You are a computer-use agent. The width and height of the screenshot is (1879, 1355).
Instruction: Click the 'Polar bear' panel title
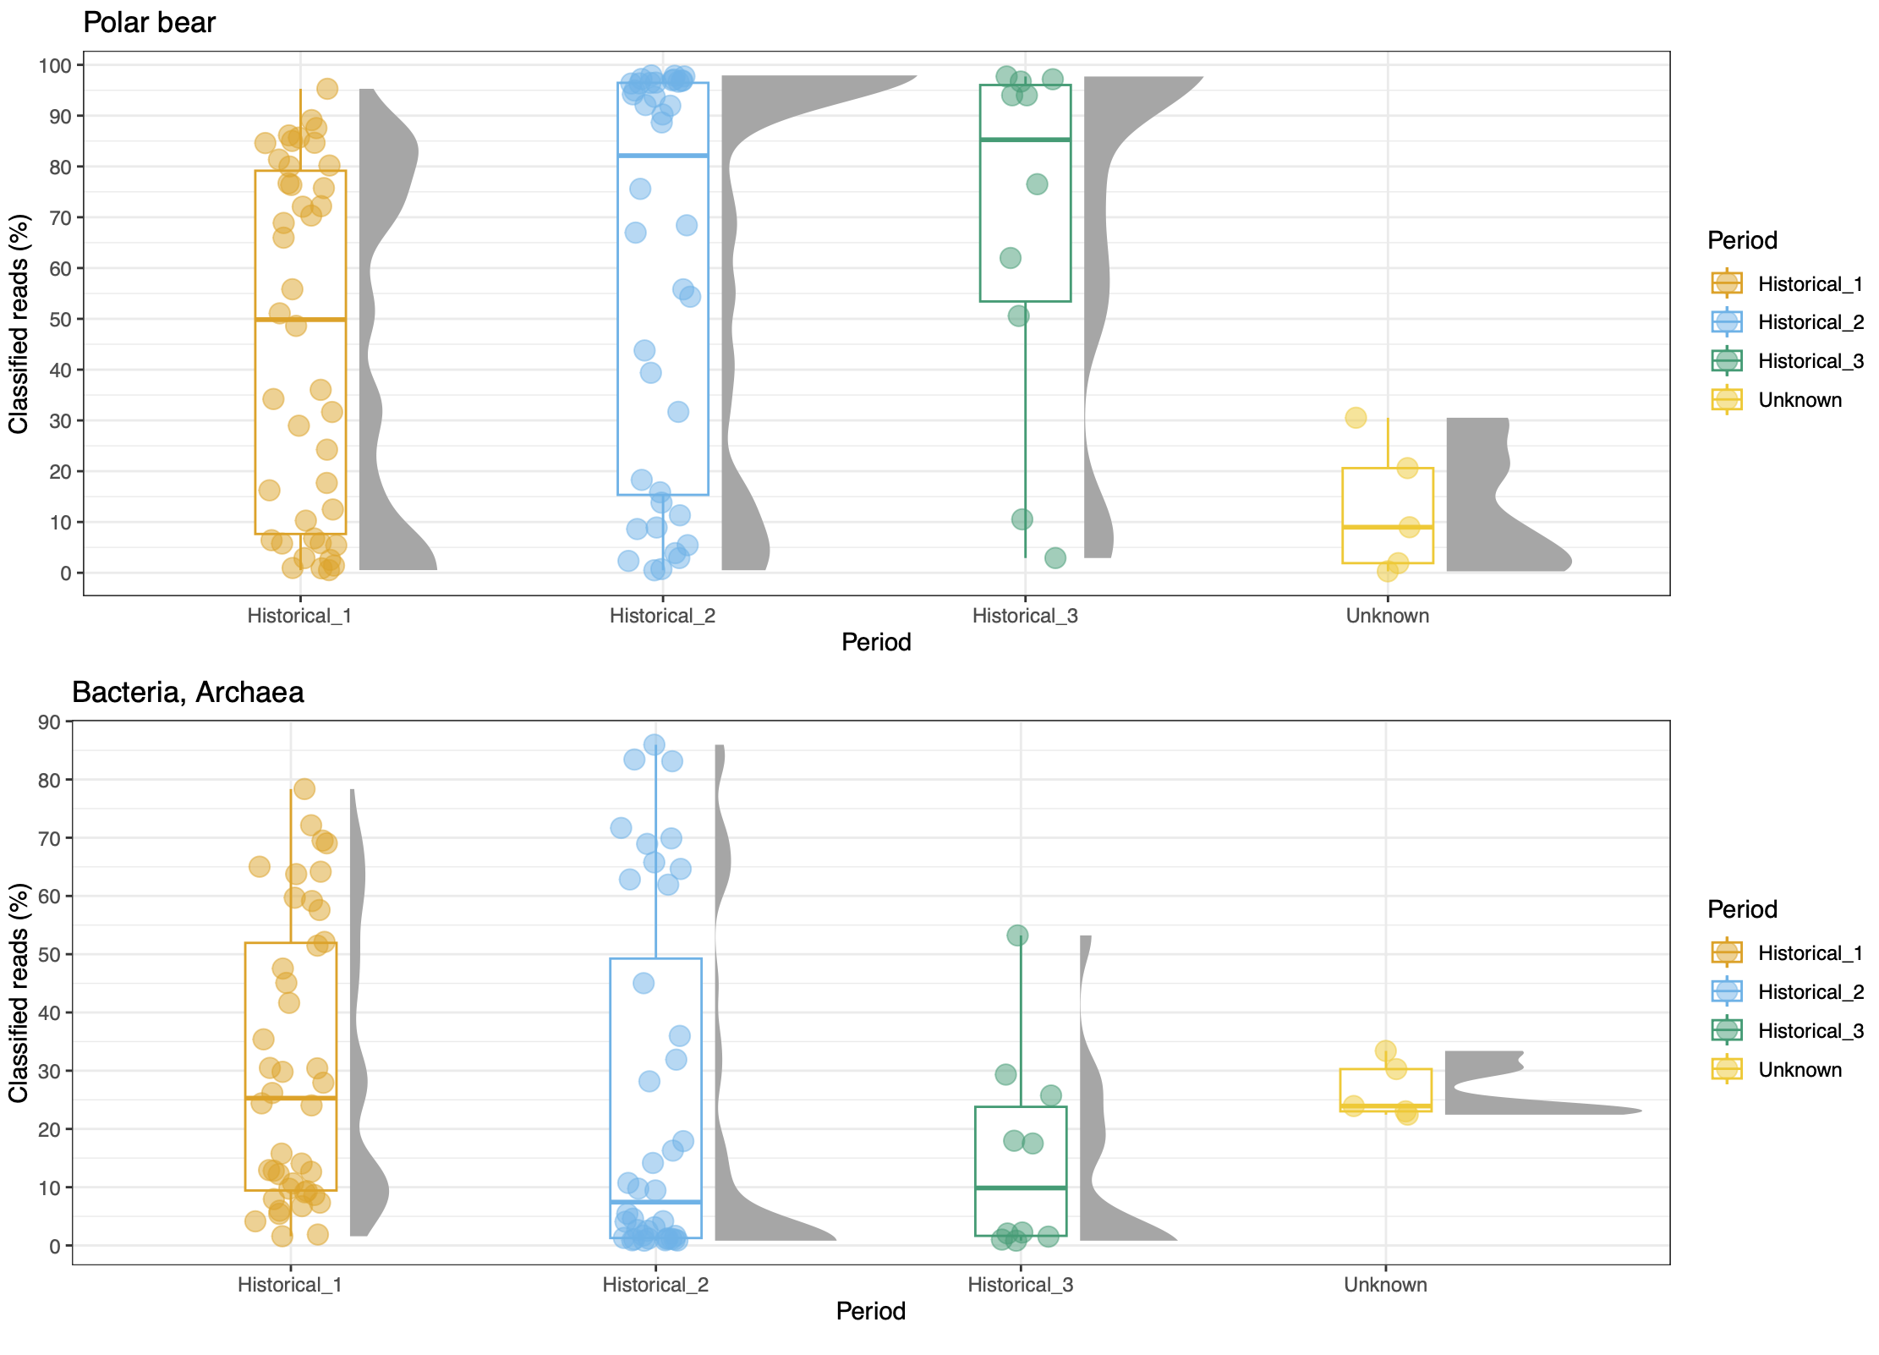tap(149, 22)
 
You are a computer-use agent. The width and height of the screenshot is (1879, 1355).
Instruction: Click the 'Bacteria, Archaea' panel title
tap(188, 692)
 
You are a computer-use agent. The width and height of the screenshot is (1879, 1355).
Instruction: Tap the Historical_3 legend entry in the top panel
tap(1787, 361)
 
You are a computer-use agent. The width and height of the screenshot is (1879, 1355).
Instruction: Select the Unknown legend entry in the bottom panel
tap(1776, 1070)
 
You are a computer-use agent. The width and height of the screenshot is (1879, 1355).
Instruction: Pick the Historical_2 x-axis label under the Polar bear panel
tap(662, 616)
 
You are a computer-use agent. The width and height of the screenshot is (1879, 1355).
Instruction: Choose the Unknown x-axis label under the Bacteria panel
tap(1385, 1285)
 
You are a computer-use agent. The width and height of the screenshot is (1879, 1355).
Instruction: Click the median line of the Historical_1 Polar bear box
tap(300, 319)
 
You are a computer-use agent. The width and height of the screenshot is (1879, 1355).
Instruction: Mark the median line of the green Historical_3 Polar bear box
tap(1025, 140)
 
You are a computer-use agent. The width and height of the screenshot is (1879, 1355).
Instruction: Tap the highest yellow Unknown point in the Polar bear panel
tap(1356, 417)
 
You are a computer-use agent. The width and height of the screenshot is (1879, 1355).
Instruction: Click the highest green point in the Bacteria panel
tap(1017, 935)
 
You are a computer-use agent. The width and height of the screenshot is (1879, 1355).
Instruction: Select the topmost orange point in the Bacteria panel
tap(304, 788)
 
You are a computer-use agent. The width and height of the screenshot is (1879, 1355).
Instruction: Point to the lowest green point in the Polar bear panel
tap(1055, 557)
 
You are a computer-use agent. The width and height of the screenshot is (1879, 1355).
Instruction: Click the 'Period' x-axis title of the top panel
tap(876, 642)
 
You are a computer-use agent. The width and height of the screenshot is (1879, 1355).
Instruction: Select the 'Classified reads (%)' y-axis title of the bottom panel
tap(19, 992)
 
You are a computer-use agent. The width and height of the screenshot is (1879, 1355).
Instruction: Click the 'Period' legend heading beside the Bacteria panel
tap(1742, 909)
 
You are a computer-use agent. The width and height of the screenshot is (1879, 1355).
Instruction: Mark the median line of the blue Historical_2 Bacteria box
tap(655, 1202)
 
